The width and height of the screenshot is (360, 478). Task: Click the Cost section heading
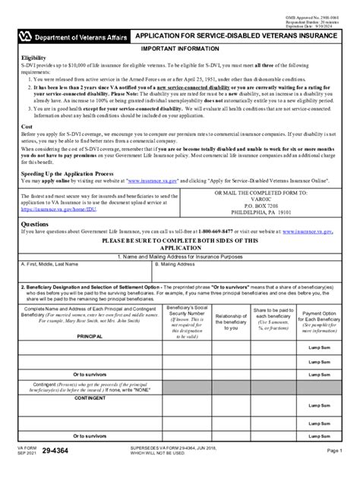(27, 127)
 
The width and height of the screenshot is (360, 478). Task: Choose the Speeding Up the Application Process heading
(69, 174)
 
